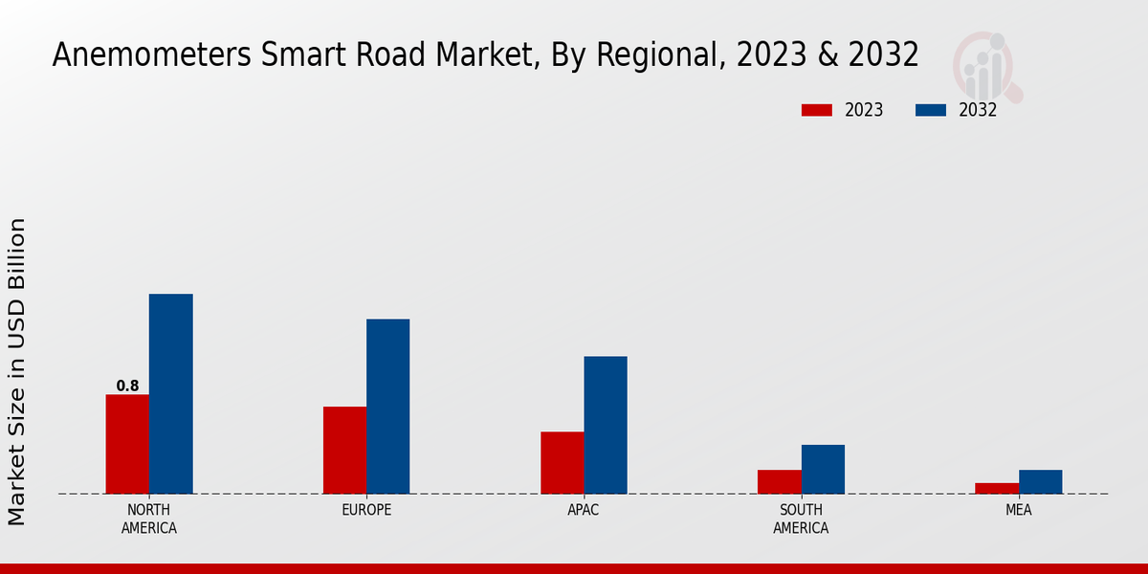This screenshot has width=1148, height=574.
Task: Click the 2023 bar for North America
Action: click(x=127, y=444)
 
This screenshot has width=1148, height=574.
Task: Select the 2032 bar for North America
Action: click(x=170, y=393)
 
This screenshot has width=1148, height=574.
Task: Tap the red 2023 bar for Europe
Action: click(x=344, y=450)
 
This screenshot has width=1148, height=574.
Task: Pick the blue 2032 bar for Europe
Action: click(x=387, y=406)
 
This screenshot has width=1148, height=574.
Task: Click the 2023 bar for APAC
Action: click(x=562, y=462)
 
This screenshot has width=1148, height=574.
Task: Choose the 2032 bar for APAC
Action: click(x=606, y=425)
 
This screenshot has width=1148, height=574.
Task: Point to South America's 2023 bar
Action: click(x=779, y=481)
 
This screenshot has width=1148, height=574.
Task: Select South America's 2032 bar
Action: click(x=823, y=469)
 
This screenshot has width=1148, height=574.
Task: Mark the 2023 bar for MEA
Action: click(x=997, y=488)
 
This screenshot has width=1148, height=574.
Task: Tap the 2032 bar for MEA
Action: click(x=1040, y=481)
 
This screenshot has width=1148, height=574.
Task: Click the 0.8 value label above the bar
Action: click(x=127, y=386)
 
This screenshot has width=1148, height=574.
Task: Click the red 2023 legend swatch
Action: click(x=817, y=110)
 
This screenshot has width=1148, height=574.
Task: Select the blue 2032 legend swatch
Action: click(x=931, y=110)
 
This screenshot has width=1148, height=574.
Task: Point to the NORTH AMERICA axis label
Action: click(x=148, y=519)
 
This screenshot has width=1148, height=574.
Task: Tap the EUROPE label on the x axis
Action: click(x=366, y=510)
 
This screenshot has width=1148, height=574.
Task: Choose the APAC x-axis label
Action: click(x=584, y=510)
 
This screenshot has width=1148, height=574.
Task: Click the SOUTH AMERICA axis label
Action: click(x=801, y=519)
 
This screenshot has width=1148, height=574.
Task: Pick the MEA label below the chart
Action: click(x=1018, y=510)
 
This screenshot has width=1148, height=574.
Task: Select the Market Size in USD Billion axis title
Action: click(x=17, y=371)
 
